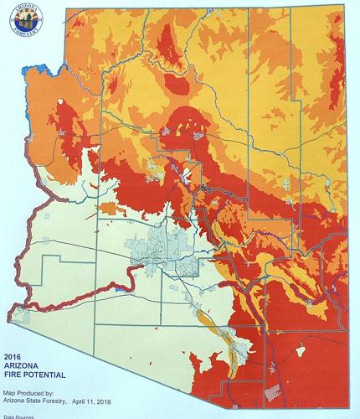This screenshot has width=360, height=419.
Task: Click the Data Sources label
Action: (22, 416)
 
